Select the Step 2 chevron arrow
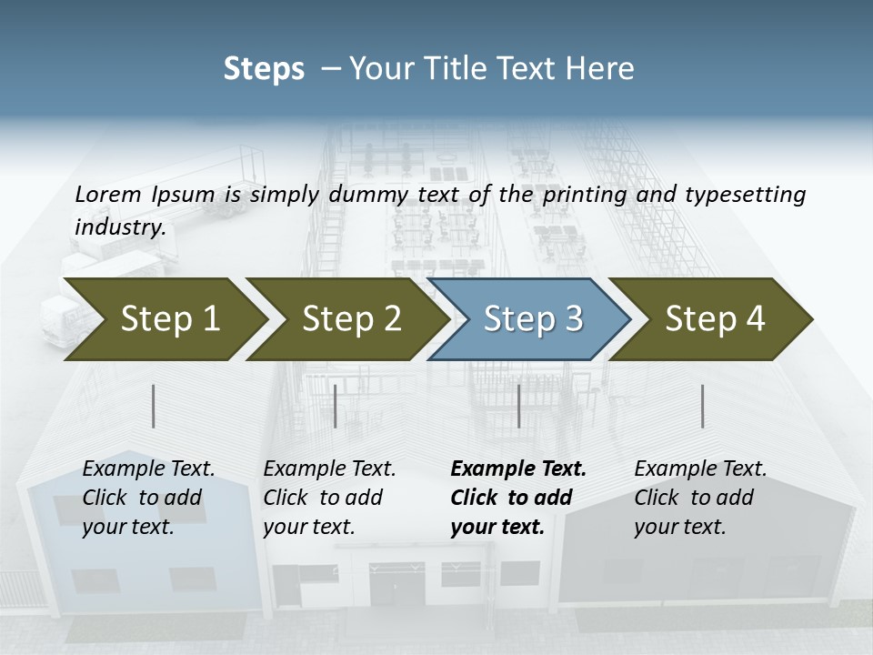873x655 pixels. click(x=350, y=319)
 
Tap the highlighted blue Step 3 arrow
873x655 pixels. click(x=532, y=319)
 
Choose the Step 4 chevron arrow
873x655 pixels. click(x=714, y=319)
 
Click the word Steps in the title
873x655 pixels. click(x=264, y=69)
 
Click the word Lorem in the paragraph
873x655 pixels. click(x=108, y=194)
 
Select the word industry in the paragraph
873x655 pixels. click(x=120, y=227)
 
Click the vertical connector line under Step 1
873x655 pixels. click(x=154, y=406)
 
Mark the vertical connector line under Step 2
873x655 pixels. click(x=336, y=406)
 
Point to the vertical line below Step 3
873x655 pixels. click(x=518, y=406)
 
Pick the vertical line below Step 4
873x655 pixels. click(x=702, y=406)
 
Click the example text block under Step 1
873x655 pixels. click(x=148, y=498)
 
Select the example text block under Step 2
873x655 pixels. click(x=329, y=498)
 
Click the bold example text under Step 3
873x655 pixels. click(x=518, y=498)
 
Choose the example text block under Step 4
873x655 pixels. click(x=700, y=498)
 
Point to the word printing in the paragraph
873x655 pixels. click(x=583, y=194)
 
